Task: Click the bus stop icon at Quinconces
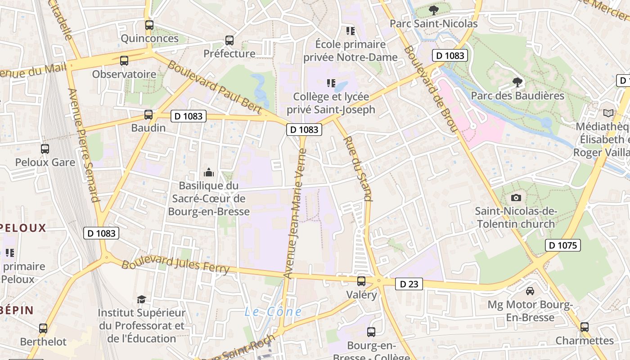pos(149,25)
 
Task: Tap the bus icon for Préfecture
pos(229,40)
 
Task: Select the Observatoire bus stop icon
pos(124,61)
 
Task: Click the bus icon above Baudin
pos(148,115)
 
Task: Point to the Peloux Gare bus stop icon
pos(45,149)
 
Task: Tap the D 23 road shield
pos(409,284)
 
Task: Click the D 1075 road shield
pos(563,245)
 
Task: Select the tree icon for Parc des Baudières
pos(517,82)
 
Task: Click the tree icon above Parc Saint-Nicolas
pos(433,10)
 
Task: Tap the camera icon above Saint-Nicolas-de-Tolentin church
pos(516,198)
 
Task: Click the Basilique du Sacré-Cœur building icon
pos(208,172)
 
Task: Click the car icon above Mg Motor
pos(530,291)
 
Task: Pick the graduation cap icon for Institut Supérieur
pos(141,299)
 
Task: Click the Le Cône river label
pos(273,311)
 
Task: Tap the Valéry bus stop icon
pos(361,282)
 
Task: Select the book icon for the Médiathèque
pos(608,113)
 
